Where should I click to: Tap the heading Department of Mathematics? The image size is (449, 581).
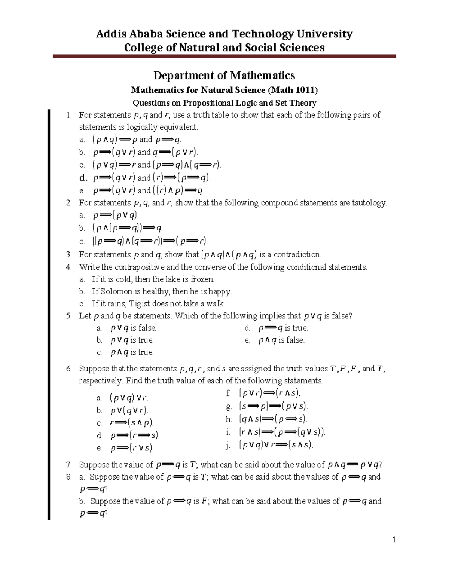224,76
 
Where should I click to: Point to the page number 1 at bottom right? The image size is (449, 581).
394,539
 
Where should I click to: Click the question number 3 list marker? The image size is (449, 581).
68,255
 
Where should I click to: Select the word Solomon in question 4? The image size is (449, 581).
116,291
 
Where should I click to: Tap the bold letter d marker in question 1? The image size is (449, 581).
83,177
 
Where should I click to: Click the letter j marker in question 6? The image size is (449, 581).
227,445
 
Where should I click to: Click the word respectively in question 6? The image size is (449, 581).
101,381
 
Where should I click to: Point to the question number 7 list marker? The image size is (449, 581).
68,465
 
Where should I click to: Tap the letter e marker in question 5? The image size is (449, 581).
247,340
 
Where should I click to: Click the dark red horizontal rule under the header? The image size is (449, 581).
224,56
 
